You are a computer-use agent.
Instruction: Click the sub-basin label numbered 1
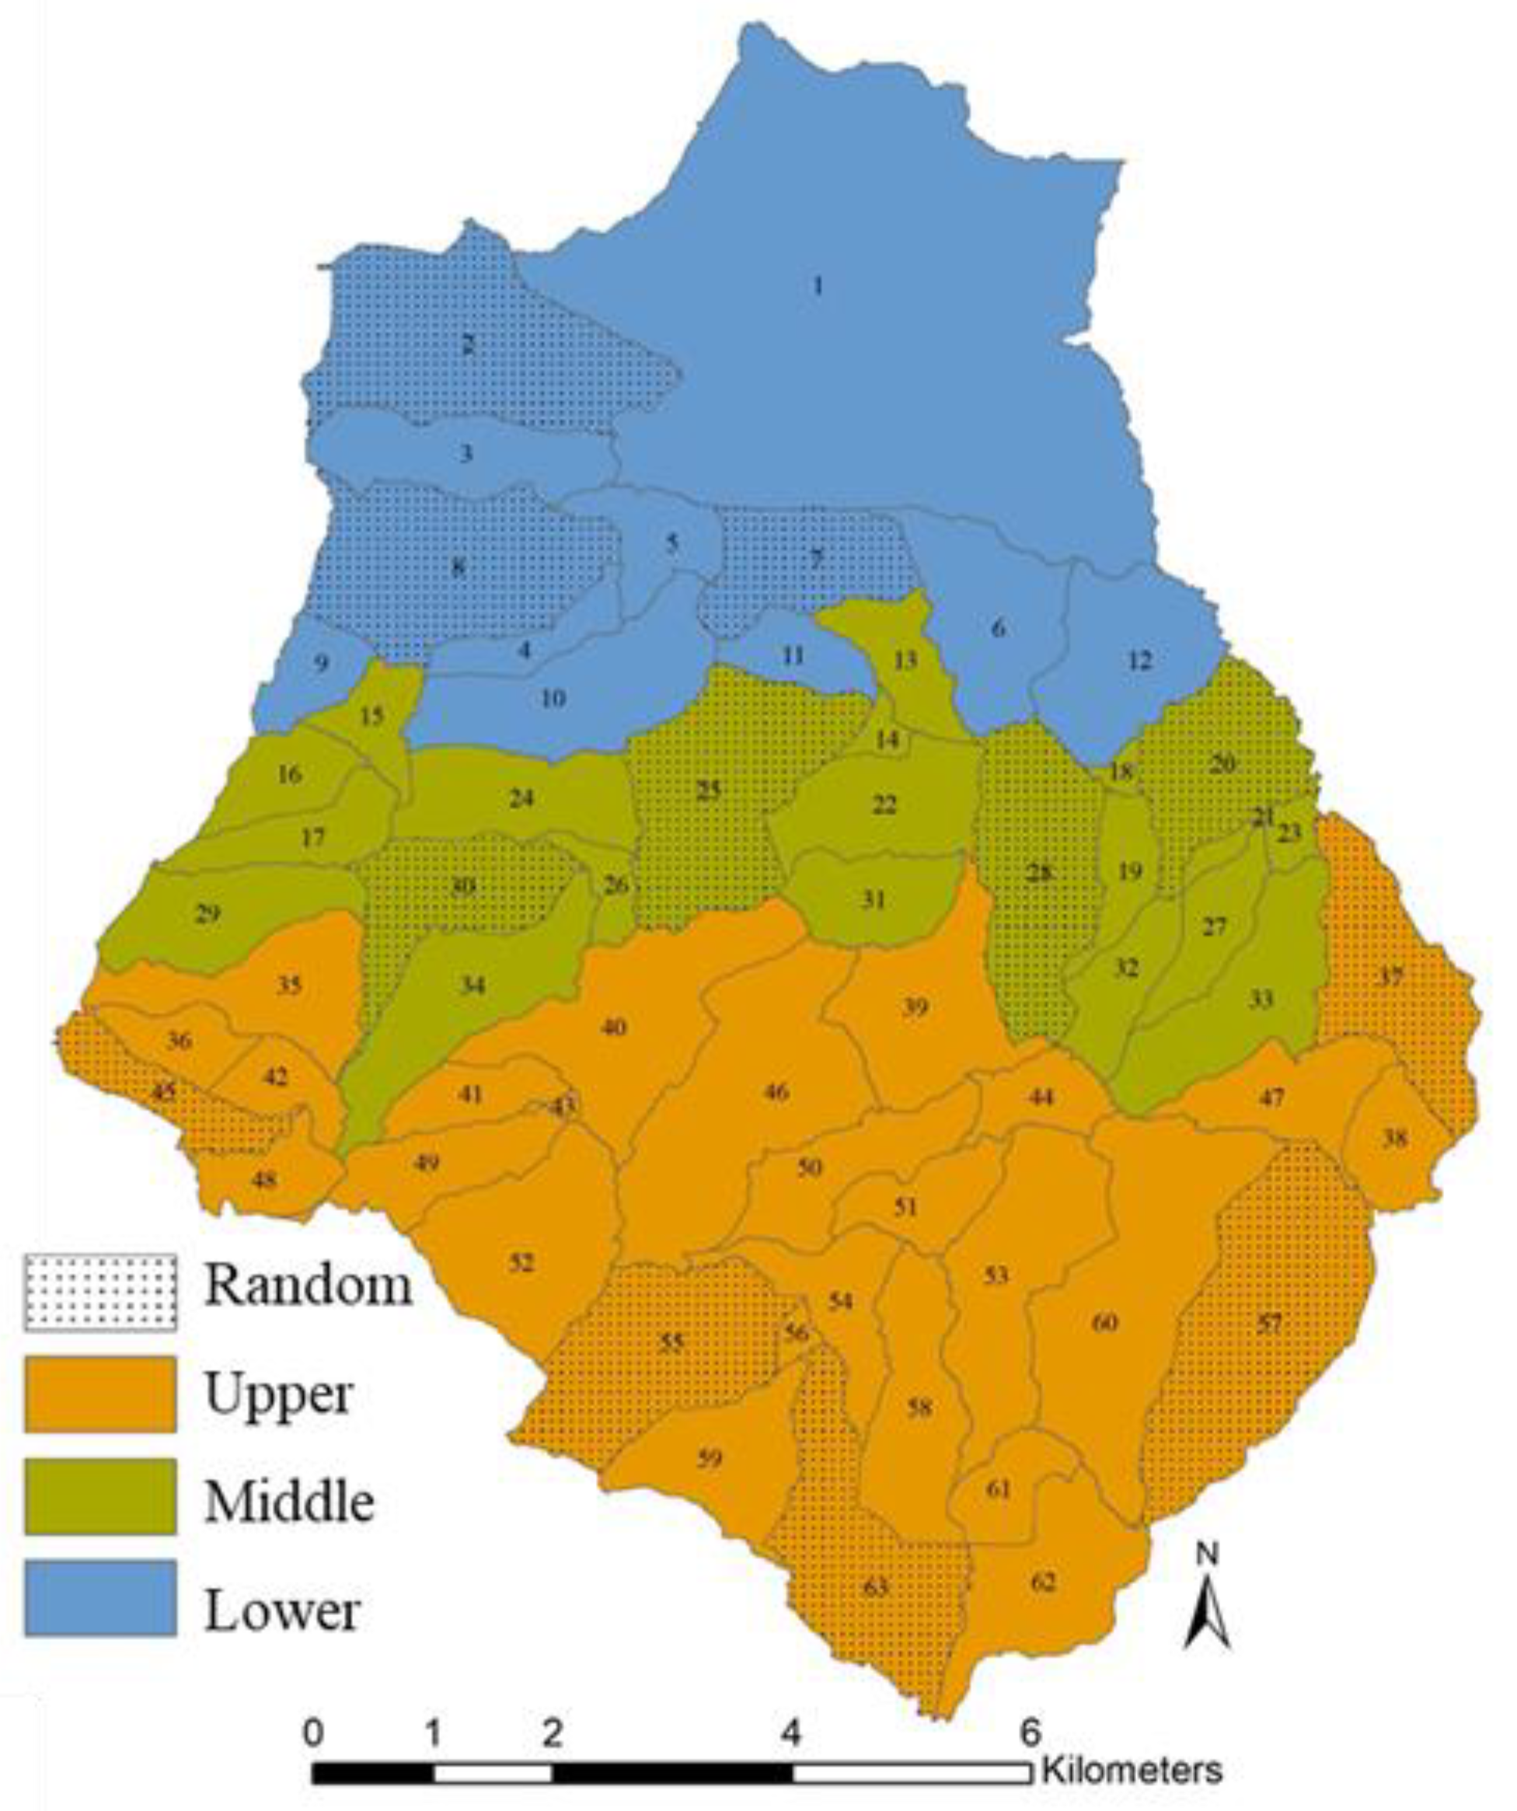(x=818, y=285)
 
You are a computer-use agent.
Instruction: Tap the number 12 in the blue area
(x=1140, y=661)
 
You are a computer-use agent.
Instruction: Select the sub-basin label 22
(x=884, y=804)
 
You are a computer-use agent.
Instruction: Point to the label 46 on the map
(x=776, y=1092)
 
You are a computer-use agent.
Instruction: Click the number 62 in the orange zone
(x=1044, y=1582)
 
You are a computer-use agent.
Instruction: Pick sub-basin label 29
(x=207, y=913)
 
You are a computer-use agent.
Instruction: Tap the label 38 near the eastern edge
(x=1394, y=1139)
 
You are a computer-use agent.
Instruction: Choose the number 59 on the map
(x=709, y=1459)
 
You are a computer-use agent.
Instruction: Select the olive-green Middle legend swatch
(x=100, y=1496)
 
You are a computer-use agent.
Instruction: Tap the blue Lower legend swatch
(x=100, y=1597)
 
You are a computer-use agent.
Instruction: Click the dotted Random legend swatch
(x=100, y=1292)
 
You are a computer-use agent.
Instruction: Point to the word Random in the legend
(x=308, y=1286)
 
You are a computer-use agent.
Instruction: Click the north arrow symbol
(x=1208, y=1600)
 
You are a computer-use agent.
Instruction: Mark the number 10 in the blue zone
(x=553, y=698)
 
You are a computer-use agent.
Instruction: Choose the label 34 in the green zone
(x=473, y=985)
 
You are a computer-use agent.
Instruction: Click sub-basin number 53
(x=996, y=1275)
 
